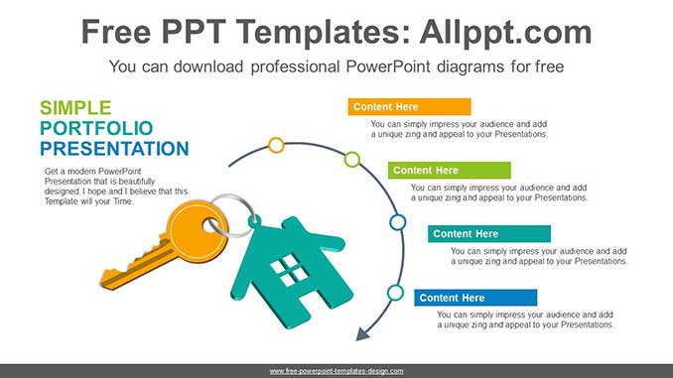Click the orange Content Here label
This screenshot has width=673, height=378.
click(x=409, y=107)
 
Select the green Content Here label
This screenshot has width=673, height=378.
click(x=449, y=171)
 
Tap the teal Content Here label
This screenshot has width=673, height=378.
click(x=489, y=234)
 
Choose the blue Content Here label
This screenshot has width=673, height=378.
click(x=475, y=298)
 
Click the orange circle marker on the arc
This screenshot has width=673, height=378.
click(x=276, y=145)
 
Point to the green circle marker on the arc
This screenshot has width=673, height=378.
click(x=351, y=159)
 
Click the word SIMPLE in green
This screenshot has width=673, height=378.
click(x=76, y=108)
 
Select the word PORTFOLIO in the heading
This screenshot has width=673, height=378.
click(x=96, y=129)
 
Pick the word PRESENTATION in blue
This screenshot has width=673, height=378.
click(x=114, y=150)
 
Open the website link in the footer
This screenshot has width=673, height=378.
click(x=336, y=370)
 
